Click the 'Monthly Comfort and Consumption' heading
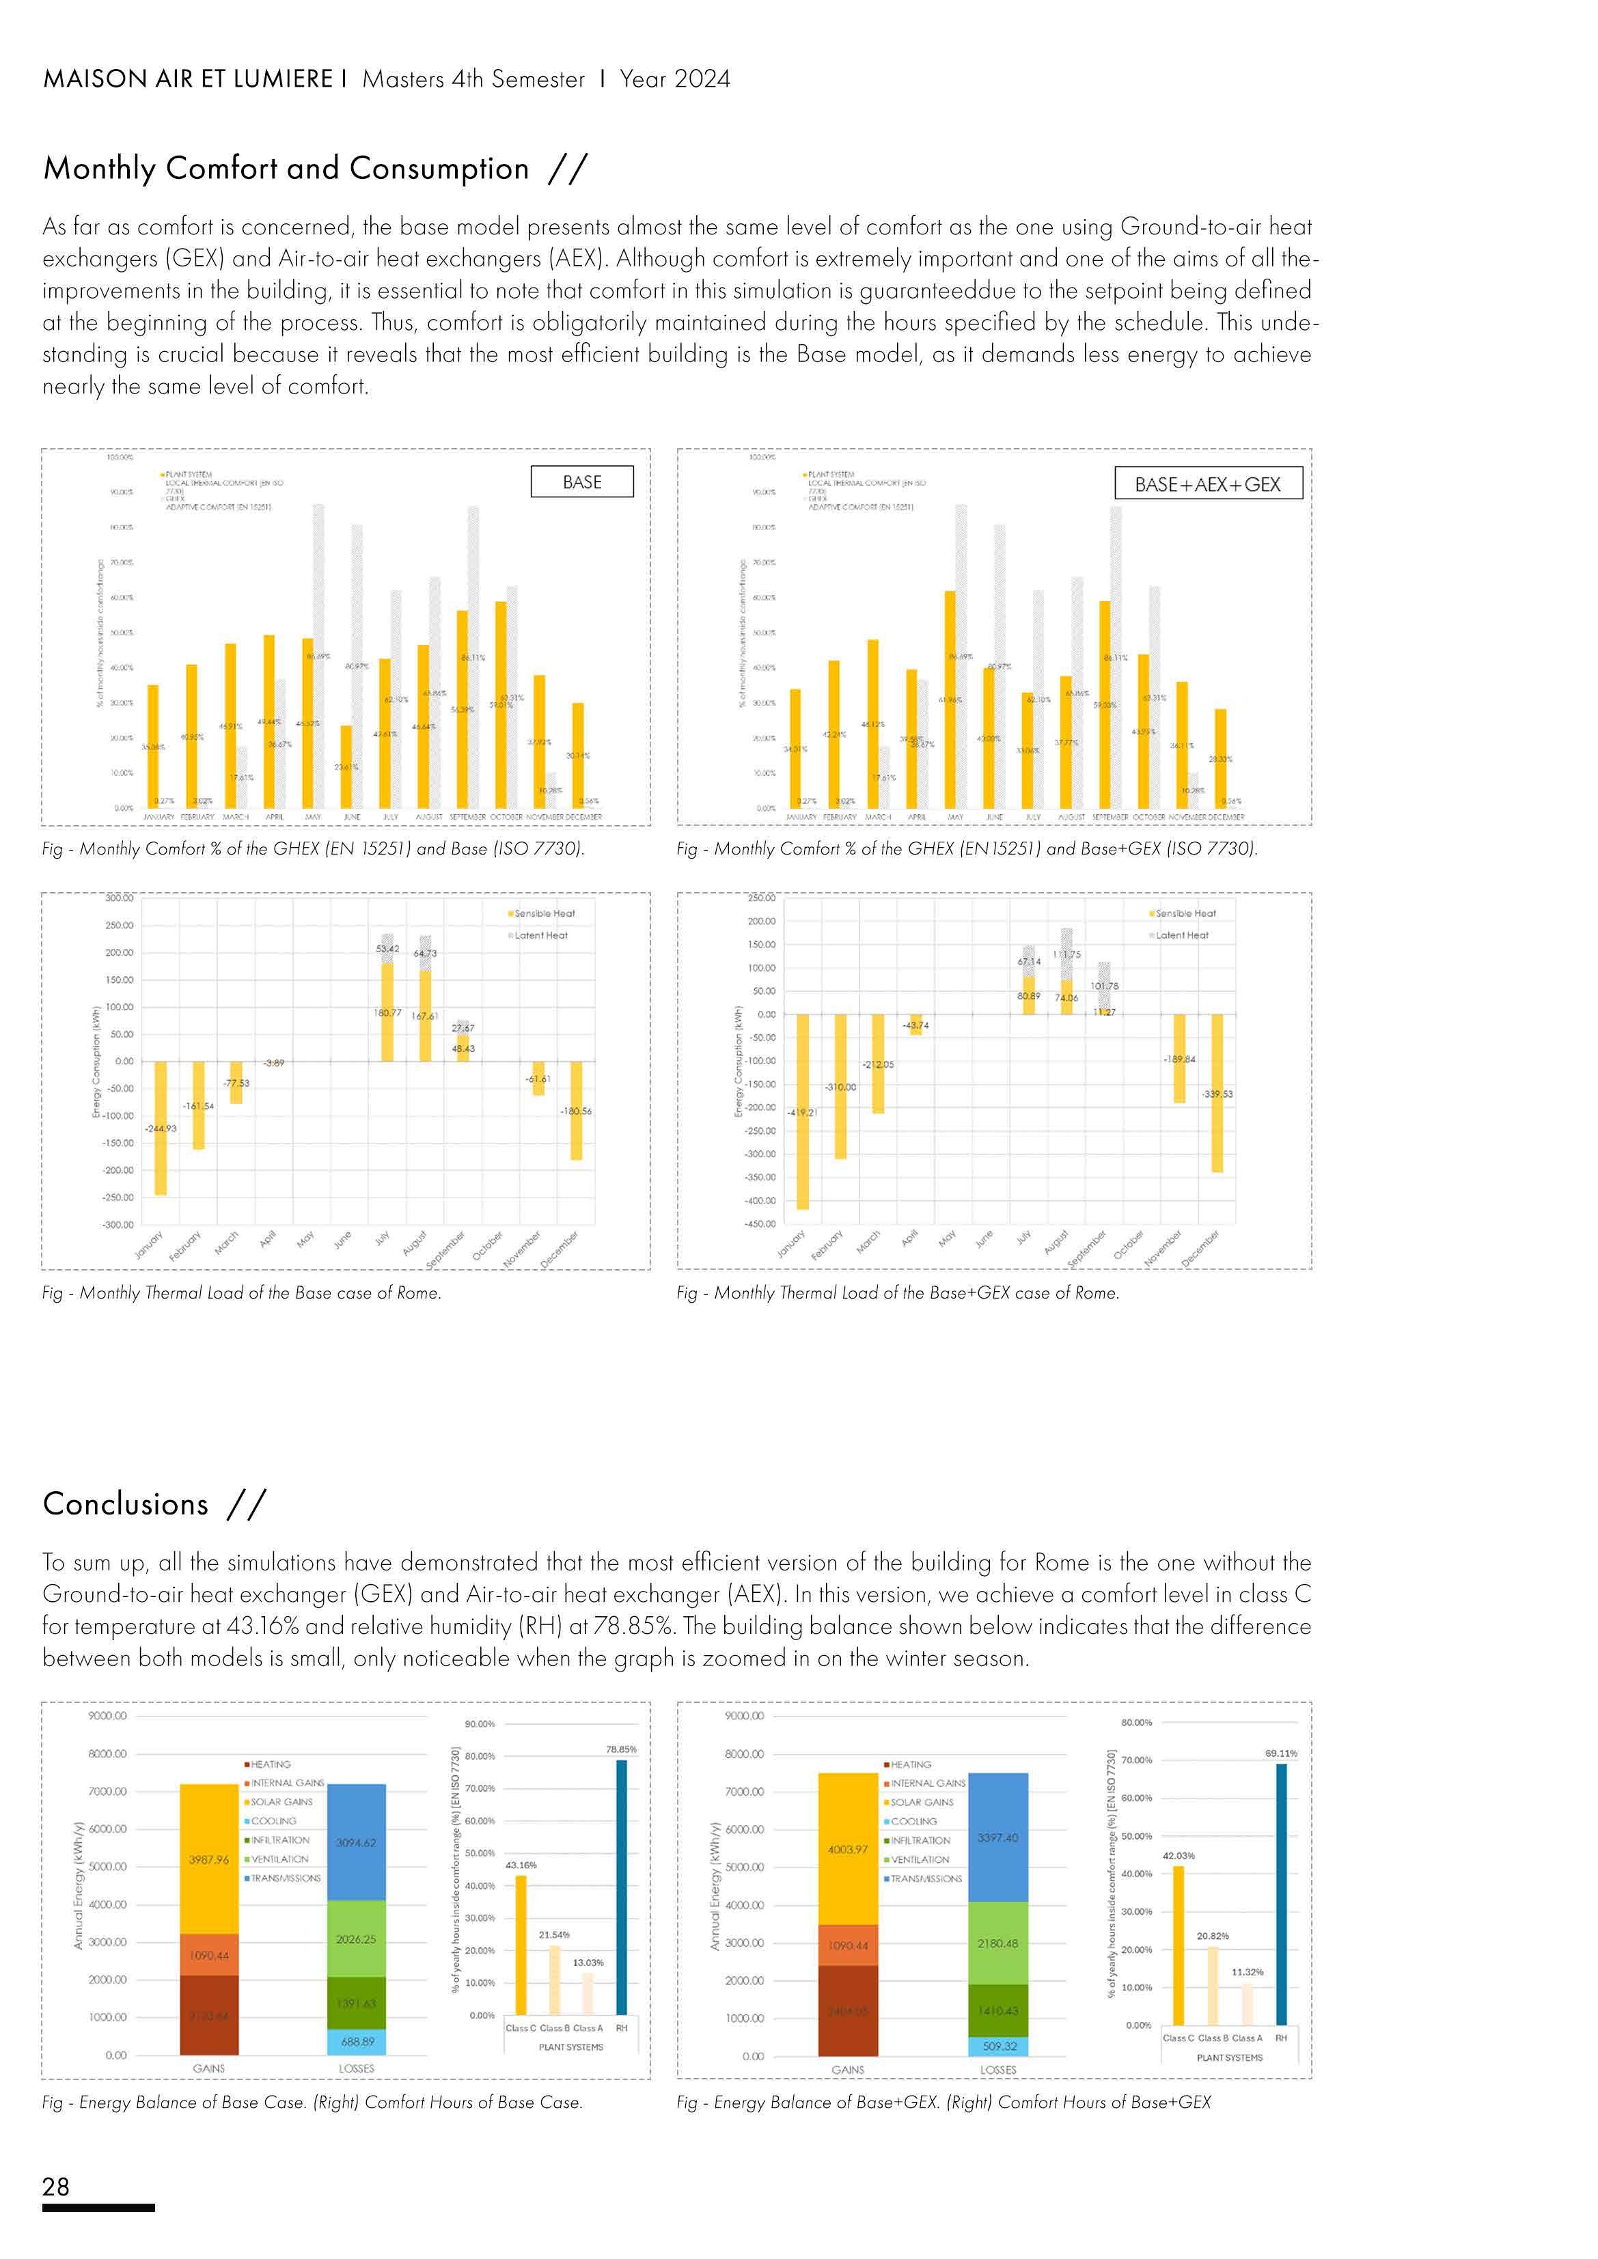click(x=286, y=168)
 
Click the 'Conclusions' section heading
click(x=126, y=1504)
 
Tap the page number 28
click(x=56, y=2186)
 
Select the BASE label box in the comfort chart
click(x=581, y=482)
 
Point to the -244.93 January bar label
click(x=161, y=1128)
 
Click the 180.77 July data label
click(x=387, y=1012)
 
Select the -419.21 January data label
click(x=802, y=1113)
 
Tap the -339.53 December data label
click(x=1217, y=1094)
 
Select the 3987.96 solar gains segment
click(x=208, y=1859)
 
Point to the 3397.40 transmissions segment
click(x=997, y=1838)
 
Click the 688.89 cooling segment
click(x=356, y=2042)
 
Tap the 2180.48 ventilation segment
click(x=997, y=1943)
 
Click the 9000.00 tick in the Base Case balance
click(x=107, y=1716)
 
